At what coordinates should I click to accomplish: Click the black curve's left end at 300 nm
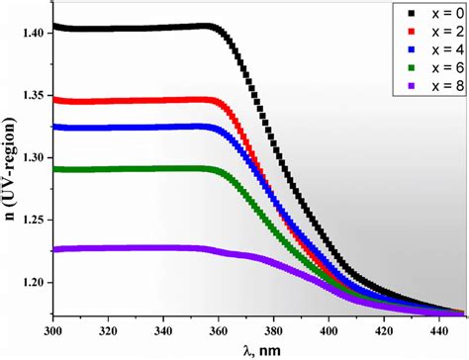[53, 27]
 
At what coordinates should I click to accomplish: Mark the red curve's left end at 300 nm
[53, 99]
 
